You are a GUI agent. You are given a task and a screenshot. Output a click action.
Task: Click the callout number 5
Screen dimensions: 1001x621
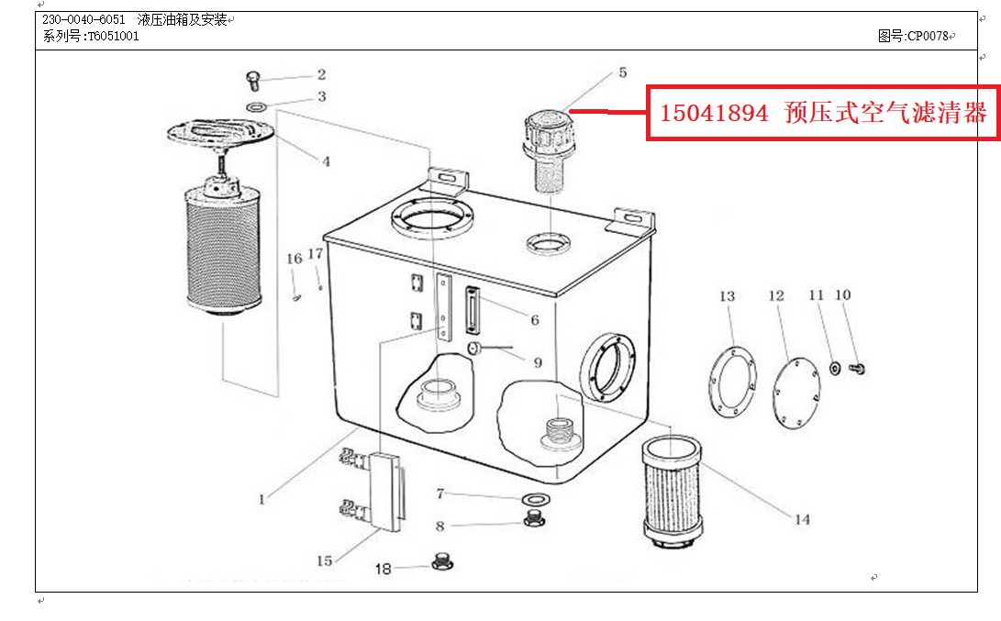click(622, 72)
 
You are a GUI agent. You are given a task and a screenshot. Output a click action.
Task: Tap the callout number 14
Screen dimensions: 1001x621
click(803, 519)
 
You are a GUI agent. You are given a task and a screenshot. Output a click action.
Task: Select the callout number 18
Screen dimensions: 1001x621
click(383, 569)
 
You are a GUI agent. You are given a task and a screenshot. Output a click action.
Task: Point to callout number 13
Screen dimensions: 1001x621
click(728, 296)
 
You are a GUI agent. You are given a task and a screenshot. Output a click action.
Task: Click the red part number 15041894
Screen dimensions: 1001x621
click(714, 113)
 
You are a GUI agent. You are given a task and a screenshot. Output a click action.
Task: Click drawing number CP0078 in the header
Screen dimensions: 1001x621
click(928, 37)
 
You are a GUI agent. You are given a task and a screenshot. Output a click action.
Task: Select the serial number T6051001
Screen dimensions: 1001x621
click(113, 37)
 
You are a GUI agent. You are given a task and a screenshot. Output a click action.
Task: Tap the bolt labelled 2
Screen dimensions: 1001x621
click(253, 81)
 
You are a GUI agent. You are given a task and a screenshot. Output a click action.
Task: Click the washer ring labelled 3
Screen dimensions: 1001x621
click(257, 106)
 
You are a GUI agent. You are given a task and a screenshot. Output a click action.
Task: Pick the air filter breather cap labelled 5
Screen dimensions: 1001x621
click(547, 150)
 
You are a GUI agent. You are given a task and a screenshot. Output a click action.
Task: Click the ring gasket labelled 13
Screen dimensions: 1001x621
click(732, 382)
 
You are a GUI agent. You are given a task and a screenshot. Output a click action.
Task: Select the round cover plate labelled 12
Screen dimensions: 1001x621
click(796, 393)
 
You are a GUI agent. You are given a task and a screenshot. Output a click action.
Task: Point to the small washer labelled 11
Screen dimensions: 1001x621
click(834, 368)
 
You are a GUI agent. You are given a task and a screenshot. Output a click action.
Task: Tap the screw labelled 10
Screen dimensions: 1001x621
click(857, 368)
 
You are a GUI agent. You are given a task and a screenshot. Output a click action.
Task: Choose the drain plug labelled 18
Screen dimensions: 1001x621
click(442, 561)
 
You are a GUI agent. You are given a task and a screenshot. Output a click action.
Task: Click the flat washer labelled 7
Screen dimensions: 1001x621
click(536, 498)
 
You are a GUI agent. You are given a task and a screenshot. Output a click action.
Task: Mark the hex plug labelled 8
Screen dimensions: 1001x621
click(534, 518)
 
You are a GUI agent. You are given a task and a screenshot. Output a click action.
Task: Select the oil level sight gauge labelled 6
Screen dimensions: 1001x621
click(472, 310)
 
